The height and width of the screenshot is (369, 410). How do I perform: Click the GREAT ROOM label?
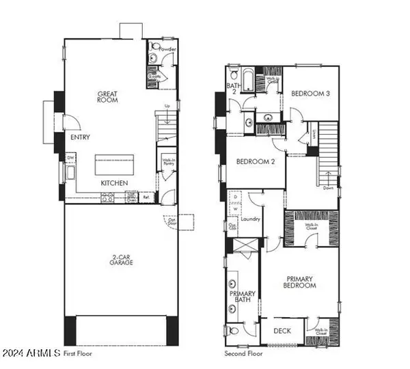(107, 96)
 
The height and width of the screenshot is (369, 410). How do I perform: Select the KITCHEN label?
(113, 183)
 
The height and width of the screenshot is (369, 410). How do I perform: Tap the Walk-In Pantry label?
(168, 162)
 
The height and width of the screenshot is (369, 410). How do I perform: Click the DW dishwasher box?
(70, 158)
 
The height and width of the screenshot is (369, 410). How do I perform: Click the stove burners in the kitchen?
(108, 197)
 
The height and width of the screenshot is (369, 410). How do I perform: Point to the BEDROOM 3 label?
(310, 93)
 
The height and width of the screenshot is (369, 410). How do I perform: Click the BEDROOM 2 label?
(255, 162)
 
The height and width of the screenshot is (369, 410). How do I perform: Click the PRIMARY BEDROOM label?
(301, 282)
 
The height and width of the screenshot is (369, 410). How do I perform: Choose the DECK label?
(282, 331)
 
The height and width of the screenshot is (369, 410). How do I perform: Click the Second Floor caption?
(243, 354)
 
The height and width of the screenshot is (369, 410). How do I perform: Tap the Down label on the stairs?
(329, 187)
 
